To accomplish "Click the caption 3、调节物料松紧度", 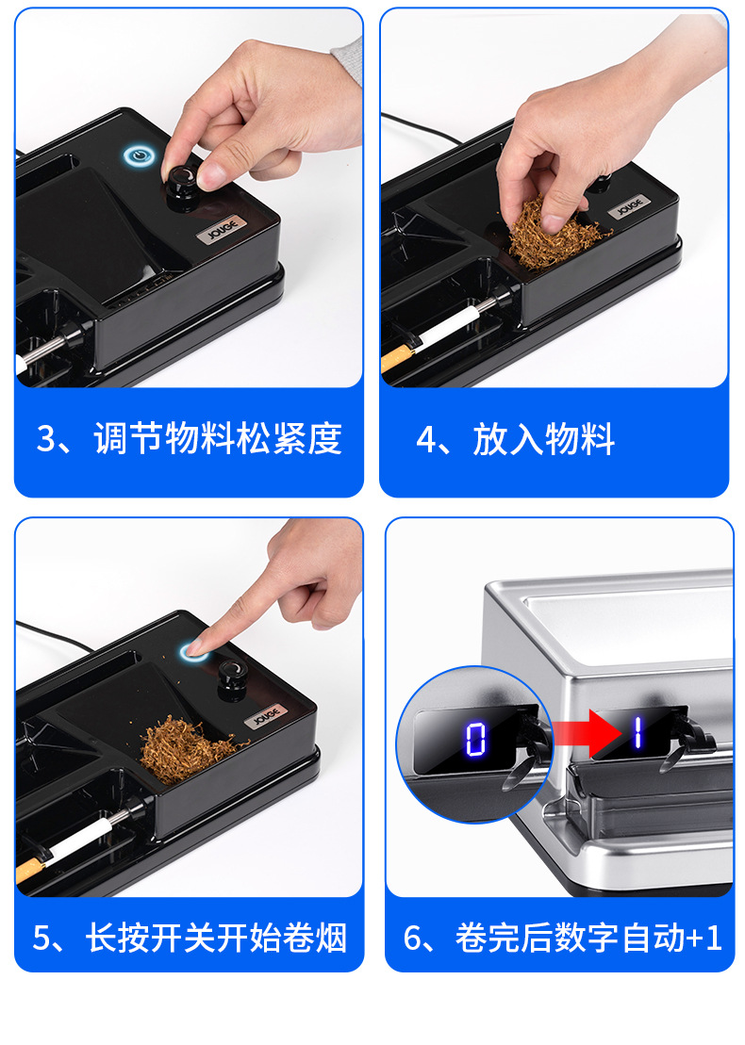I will point(189,439).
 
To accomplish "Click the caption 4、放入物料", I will point(516,439).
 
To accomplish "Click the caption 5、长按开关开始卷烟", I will point(189,938).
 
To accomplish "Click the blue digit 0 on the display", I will point(475,738).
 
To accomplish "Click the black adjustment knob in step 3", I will point(181,183).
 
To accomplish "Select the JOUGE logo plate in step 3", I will point(221,226).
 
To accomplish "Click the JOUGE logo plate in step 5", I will point(266,718).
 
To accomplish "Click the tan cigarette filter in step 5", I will point(31,869).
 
